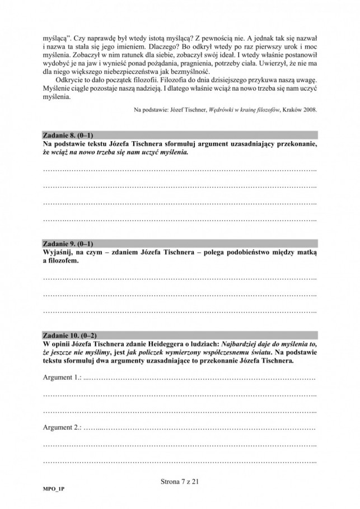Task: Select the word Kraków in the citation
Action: click(x=285, y=110)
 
